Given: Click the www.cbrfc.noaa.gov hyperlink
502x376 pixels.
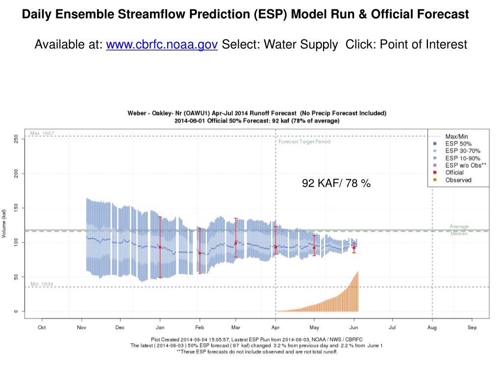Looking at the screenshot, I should pyautogui.click(x=162, y=45).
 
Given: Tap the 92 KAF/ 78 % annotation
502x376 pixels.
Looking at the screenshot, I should pyautogui.click(x=336, y=184).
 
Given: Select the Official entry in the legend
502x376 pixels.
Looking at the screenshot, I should pyautogui.click(x=454, y=173).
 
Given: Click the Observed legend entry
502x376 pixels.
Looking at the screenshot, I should pyautogui.click(x=458, y=180).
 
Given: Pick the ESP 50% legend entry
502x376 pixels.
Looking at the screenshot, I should pyautogui.click(x=458, y=144).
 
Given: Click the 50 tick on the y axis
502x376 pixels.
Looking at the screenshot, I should pyautogui.click(x=16, y=277).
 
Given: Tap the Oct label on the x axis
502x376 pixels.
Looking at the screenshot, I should pyautogui.click(x=42, y=328).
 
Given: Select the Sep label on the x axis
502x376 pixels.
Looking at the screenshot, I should pyautogui.click(x=472, y=328).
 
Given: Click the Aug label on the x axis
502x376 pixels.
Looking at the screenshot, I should pyautogui.click(x=432, y=328).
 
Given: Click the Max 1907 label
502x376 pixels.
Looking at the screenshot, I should pyautogui.click(x=42, y=133).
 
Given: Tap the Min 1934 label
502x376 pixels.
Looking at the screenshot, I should pyautogui.click(x=41, y=284).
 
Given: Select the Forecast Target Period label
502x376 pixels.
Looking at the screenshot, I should pyautogui.click(x=304, y=141).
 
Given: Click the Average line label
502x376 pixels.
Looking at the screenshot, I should pyautogui.click(x=459, y=227).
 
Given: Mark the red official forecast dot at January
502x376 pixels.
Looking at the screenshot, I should pyautogui.click(x=160, y=247).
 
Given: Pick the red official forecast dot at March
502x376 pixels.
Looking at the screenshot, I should pyautogui.click(x=236, y=243).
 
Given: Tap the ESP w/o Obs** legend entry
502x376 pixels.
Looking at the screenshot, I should pyautogui.click(x=465, y=165).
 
